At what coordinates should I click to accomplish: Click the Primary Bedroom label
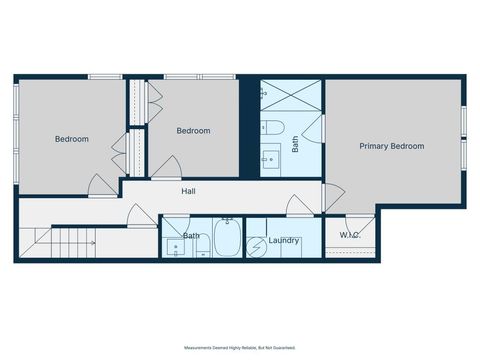pyautogui.click(x=391, y=146)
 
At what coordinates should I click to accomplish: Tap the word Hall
pyautogui.click(x=188, y=191)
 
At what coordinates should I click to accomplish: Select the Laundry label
pyautogui.click(x=285, y=240)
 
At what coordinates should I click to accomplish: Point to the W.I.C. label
pyautogui.click(x=349, y=236)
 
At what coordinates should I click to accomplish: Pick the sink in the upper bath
pyautogui.click(x=270, y=159)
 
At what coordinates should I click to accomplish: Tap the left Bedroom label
pyautogui.click(x=71, y=139)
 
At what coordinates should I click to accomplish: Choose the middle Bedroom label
pyautogui.click(x=193, y=131)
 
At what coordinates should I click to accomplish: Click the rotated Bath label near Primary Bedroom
pyautogui.click(x=295, y=144)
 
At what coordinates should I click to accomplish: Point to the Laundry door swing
pyautogui.click(x=298, y=206)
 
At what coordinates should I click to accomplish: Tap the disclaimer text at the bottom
pyautogui.click(x=240, y=347)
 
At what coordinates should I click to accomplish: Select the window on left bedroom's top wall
pyautogui.click(x=105, y=76)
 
